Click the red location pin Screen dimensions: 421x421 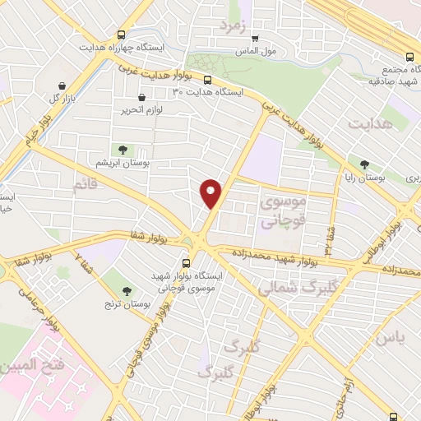click(212, 192)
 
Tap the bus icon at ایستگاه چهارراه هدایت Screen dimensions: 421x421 click(121, 35)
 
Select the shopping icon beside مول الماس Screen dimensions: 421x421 click(255, 38)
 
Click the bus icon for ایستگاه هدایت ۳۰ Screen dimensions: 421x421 click(206, 81)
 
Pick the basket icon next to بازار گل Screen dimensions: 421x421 click(62, 85)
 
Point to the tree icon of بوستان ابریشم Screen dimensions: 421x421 click(123, 149)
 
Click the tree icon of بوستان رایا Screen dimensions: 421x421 click(365, 164)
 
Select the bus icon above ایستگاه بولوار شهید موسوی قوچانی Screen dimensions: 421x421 click(186, 263)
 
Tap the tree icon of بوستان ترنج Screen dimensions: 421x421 click(127, 290)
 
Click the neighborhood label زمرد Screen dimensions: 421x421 click(233, 25)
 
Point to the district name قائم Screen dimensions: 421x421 click(86, 185)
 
